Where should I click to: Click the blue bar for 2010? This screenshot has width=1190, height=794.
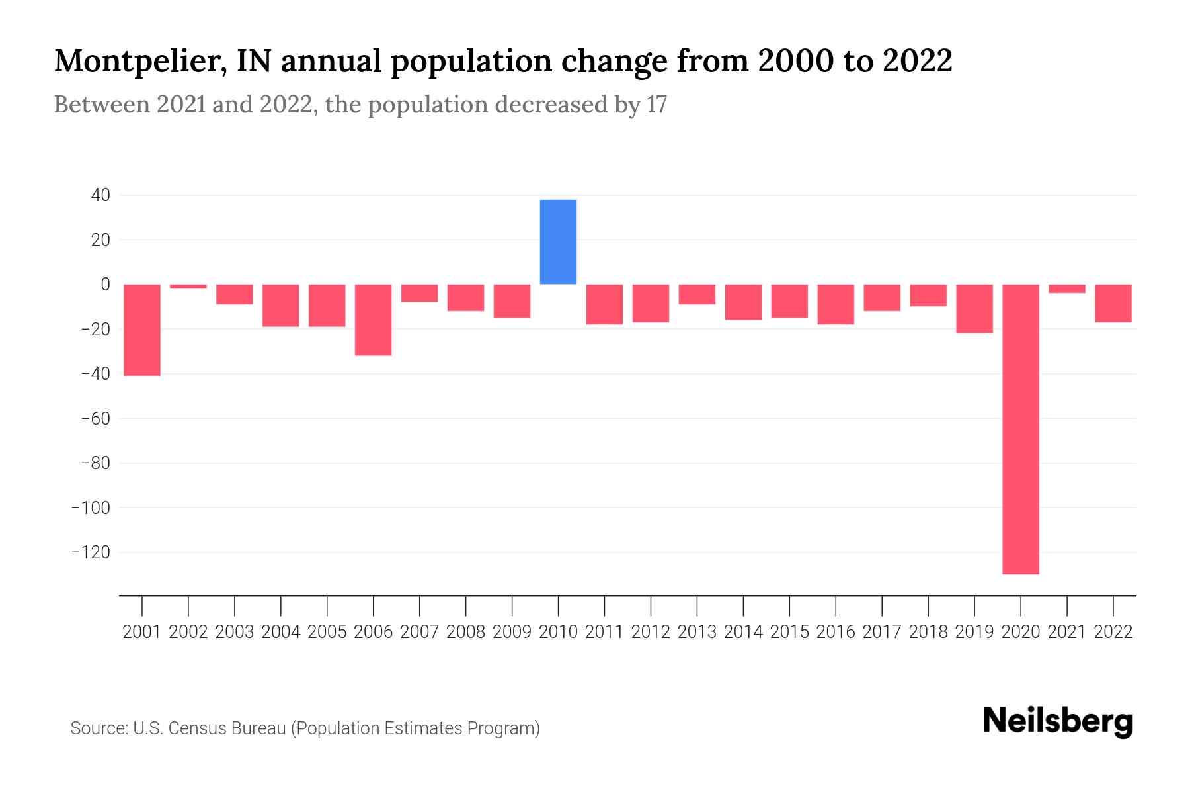click(558, 242)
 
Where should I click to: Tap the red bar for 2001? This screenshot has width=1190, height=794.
click(142, 330)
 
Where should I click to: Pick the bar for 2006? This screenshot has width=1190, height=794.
click(373, 320)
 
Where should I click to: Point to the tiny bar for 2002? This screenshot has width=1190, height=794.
click(188, 287)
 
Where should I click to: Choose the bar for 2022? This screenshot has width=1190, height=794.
click(1113, 303)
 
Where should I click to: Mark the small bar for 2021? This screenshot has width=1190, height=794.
click(1066, 288)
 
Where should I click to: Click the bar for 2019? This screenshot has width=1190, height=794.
click(974, 308)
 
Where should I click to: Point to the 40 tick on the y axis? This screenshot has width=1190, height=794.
click(101, 195)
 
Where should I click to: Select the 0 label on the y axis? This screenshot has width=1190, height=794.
click(105, 285)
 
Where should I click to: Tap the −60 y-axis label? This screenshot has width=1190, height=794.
click(95, 418)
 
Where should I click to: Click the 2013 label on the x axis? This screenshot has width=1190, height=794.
click(697, 632)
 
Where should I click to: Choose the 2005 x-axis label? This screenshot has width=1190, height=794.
click(327, 632)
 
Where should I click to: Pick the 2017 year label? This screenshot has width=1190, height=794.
click(881, 632)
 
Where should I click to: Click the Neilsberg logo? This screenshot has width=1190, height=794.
click(1057, 721)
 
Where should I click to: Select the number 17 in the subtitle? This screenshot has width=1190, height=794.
click(656, 105)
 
